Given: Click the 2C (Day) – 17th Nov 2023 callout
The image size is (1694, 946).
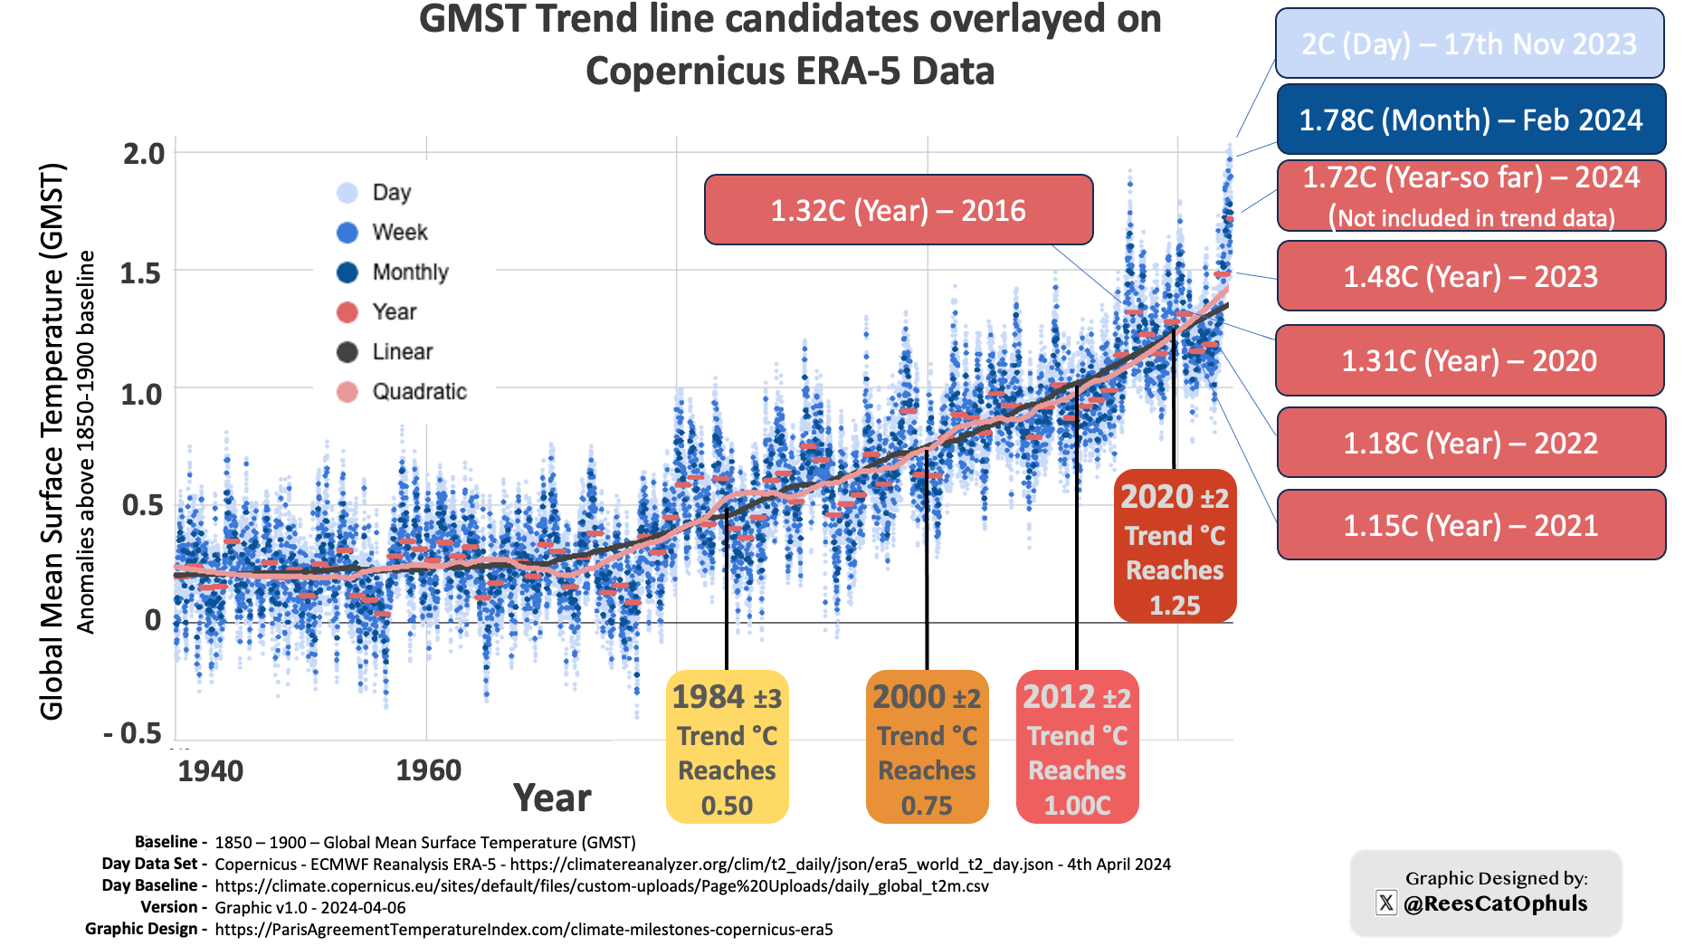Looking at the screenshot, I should pos(1469,43).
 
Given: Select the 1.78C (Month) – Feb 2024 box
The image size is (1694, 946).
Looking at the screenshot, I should pos(1470,119).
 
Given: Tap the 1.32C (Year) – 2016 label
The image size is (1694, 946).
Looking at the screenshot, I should pos(898,210).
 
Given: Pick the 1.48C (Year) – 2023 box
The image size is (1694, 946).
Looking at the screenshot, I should pos(1470,276).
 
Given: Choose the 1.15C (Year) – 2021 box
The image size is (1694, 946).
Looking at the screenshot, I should pos(1470,525).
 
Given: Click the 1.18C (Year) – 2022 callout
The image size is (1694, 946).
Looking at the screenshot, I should pos(1470,443).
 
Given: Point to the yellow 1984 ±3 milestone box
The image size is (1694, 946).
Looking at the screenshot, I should pos(727,747).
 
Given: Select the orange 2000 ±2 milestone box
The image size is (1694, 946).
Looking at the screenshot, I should pos(927,747).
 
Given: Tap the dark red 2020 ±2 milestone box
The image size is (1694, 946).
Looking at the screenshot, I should pos(1175,546).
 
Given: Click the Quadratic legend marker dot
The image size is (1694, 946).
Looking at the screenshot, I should pos(347,392).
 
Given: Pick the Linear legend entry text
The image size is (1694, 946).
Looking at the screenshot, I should pos(403,351).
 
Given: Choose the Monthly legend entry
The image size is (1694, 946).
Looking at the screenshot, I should pos(410,272).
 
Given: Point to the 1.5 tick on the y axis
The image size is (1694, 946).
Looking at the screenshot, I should pos(141,272).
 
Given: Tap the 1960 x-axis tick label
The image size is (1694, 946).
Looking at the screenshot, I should pos(428,770).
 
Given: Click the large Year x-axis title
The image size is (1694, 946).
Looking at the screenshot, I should pos(552,798).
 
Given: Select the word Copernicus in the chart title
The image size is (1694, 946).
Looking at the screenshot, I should pos(673,71).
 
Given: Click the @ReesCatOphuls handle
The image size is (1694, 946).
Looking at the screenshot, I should pos(1495,903).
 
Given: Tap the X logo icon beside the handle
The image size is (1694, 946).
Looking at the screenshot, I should pos(1385,903).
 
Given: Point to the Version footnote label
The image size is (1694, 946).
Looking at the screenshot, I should pos(168,907).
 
